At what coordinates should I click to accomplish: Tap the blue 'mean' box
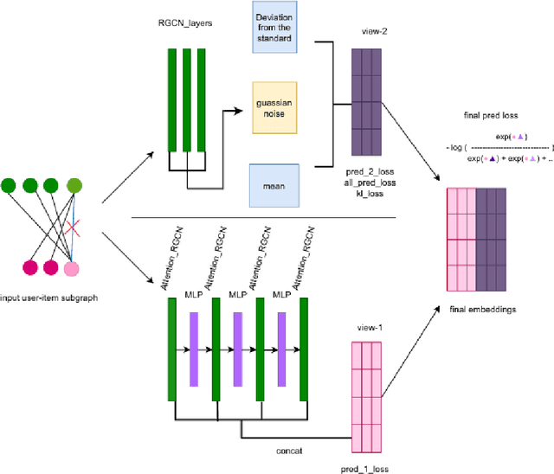pos(273,184)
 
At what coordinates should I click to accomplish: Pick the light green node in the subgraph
pos(75,184)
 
